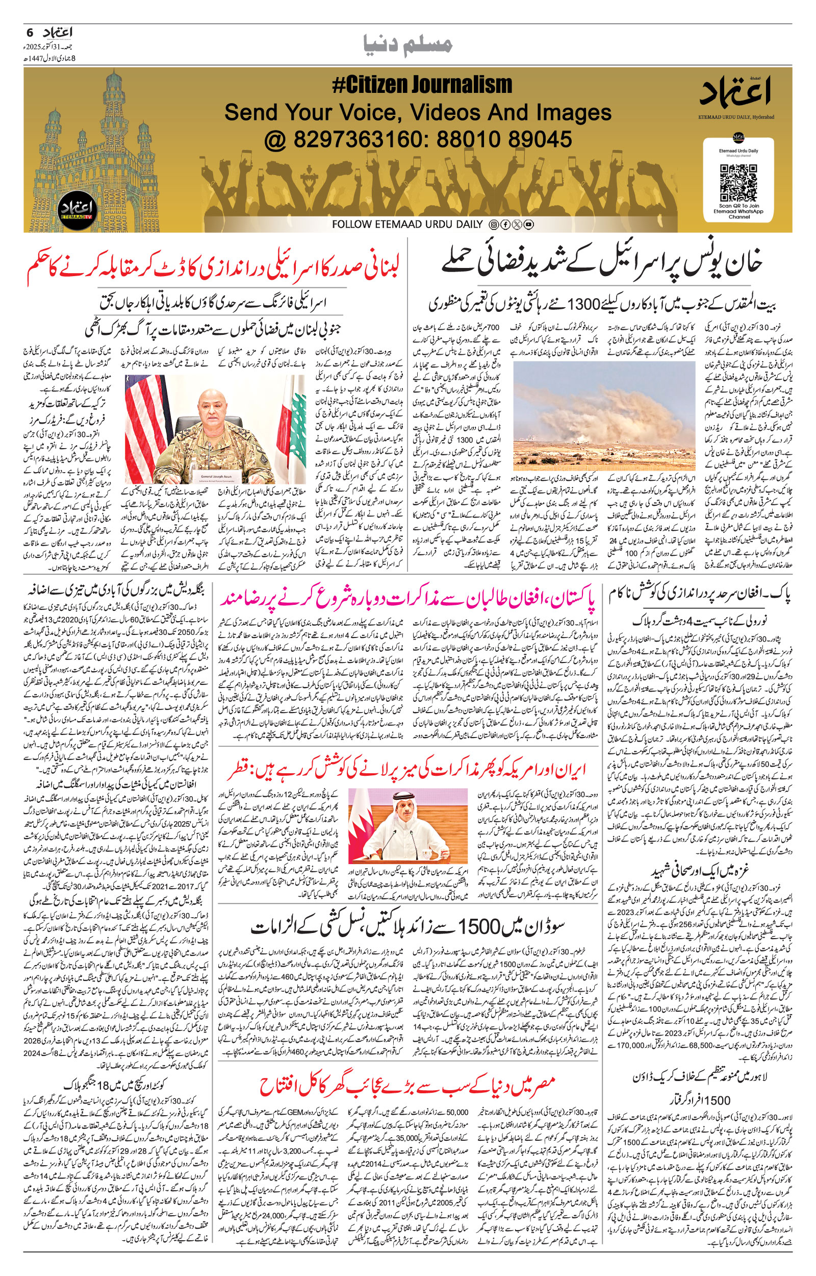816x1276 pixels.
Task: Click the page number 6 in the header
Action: [29, 32]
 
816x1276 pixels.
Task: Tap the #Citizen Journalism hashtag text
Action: [422, 85]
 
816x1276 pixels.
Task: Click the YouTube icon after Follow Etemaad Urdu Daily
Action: [528, 225]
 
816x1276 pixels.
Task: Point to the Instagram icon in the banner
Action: [493, 225]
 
